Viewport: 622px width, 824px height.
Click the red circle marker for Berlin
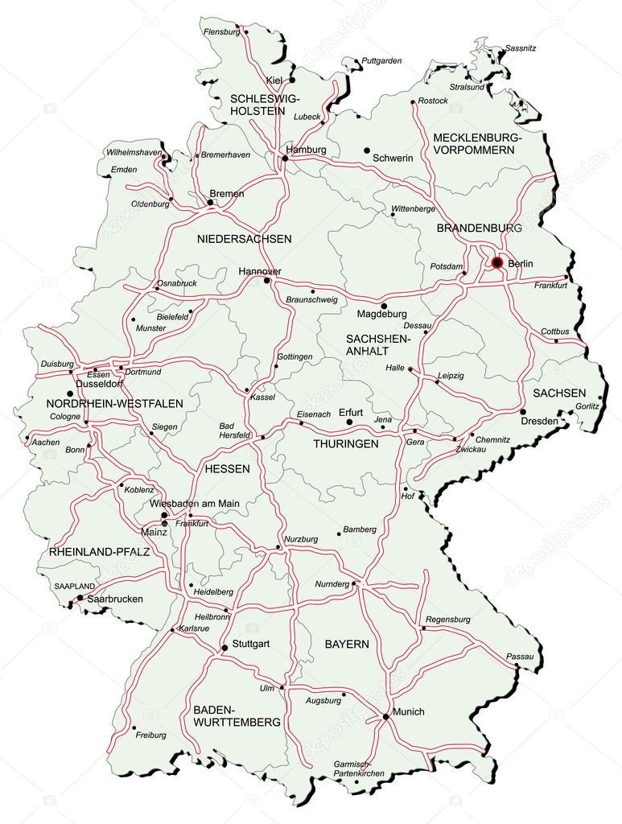click(x=497, y=262)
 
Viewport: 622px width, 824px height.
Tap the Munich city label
click(x=408, y=712)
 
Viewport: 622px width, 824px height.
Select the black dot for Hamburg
click(x=284, y=160)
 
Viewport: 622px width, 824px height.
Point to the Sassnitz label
click(x=521, y=48)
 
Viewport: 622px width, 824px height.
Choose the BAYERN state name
click(x=347, y=645)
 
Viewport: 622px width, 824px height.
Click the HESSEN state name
click(x=227, y=468)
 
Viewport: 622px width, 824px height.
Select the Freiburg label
click(x=151, y=735)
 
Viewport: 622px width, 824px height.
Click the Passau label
click(x=520, y=657)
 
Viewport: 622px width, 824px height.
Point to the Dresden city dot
click(x=523, y=411)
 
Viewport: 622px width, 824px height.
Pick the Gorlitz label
click(x=587, y=406)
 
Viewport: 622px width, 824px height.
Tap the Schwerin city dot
click(x=366, y=150)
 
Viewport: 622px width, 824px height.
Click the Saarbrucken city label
click(x=114, y=599)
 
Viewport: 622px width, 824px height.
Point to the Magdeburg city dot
click(x=383, y=306)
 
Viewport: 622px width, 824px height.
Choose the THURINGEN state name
click(x=345, y=443)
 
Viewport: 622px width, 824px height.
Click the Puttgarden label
click(x=381, y=60)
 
